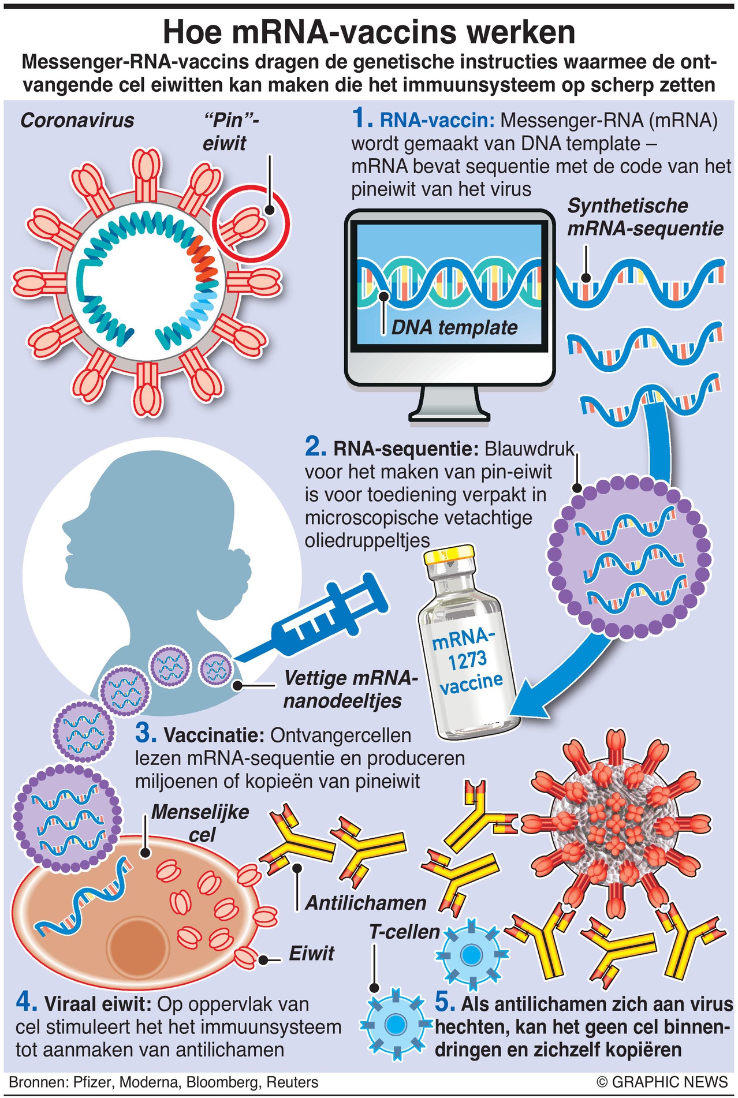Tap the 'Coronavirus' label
[77, 120]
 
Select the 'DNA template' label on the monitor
[454, 328]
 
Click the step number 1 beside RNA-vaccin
[361, 119]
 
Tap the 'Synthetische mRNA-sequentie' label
[644, 217]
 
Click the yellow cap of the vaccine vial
[449, 555]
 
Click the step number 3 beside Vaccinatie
[145, 734]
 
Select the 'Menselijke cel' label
[200, 823]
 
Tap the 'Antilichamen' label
[365, 903]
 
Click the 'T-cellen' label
[404, 931]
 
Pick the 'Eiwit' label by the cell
[311, 953]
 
